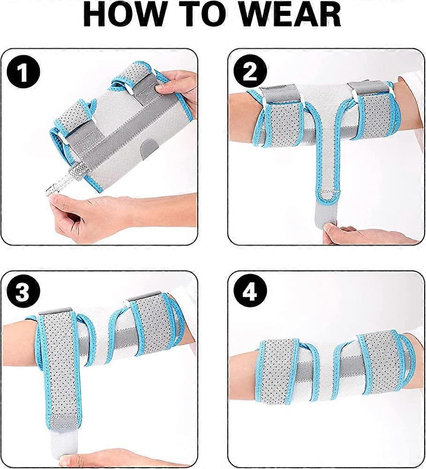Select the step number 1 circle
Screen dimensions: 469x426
click(23, 73)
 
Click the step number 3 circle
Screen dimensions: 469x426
click(23, 294)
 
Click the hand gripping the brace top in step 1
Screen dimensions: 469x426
click(180, 89)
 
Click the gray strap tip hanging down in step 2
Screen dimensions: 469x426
click(328, 208)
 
